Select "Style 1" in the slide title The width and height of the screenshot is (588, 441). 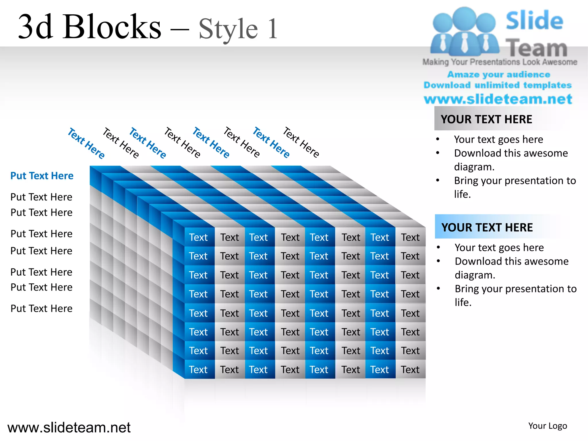pos(238,29)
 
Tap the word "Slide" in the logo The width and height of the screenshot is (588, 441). pos(534,20)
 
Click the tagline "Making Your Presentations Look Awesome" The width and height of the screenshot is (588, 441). pos(500,62)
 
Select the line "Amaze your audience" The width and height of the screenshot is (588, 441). pos(499,75)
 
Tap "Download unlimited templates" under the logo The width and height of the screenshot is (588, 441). pos(498,85)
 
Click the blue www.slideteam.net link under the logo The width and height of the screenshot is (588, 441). pos(498,99)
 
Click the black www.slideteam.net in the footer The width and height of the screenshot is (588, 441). pos(69,428)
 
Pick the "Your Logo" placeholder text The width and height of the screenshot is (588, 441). pos(548,426)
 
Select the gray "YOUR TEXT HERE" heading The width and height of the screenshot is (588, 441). pos(486,119)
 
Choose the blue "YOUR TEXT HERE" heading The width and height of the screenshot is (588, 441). pos(487,227)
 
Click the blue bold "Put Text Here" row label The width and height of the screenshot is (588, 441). pos(42,176)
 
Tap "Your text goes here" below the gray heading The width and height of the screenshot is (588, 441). pos(498,140)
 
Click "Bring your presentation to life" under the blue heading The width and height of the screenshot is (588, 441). pos(515,295)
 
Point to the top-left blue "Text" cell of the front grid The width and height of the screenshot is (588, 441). pos(198,237)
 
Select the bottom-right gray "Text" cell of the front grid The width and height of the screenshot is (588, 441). pos(410,370)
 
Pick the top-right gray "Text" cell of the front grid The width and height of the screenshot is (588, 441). pos(410,237)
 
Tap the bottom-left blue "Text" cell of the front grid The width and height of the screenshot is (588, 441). pos(198,370)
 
